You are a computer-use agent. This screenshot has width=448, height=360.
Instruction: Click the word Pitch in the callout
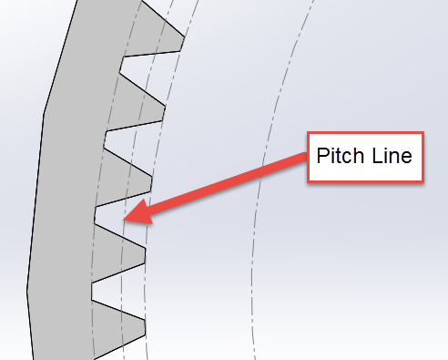(336, 156)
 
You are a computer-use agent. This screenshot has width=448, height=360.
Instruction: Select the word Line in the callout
(391, 156)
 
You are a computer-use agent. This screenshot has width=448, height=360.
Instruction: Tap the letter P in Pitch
(321, 156)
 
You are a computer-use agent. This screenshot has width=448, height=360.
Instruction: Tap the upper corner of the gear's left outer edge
(44, 115)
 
